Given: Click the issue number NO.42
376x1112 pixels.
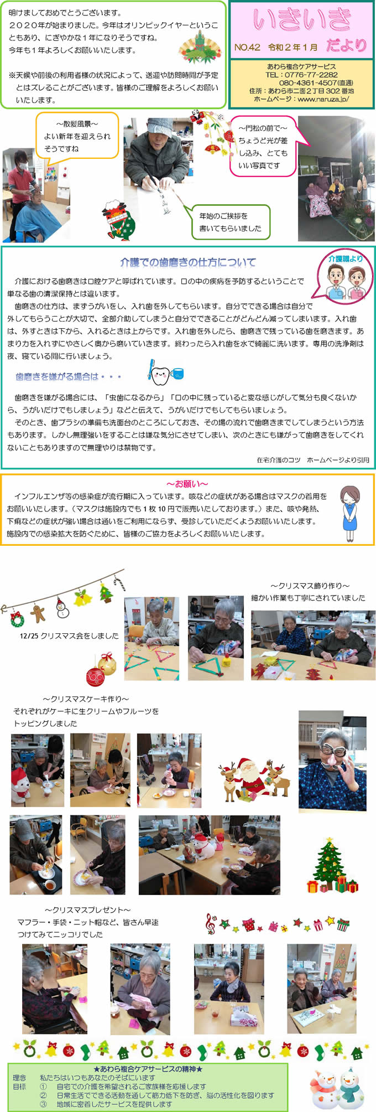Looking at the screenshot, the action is click(247, 47).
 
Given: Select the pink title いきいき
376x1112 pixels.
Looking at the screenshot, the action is click(302, 20).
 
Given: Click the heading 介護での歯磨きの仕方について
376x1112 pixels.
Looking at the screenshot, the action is click(189, 262).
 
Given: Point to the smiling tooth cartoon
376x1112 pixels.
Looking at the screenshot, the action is click(160, 375).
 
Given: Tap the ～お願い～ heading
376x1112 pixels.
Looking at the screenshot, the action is click(187, 484).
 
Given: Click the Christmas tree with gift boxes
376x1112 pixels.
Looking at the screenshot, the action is click(332, 866).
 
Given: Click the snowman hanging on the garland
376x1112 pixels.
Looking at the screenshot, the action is click(62, 607).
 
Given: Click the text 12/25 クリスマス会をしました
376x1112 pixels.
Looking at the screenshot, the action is click(69, 636).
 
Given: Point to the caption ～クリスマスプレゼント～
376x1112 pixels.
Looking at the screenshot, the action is click(88, 909).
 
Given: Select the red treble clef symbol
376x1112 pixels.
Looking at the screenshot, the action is click(211, 923).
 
